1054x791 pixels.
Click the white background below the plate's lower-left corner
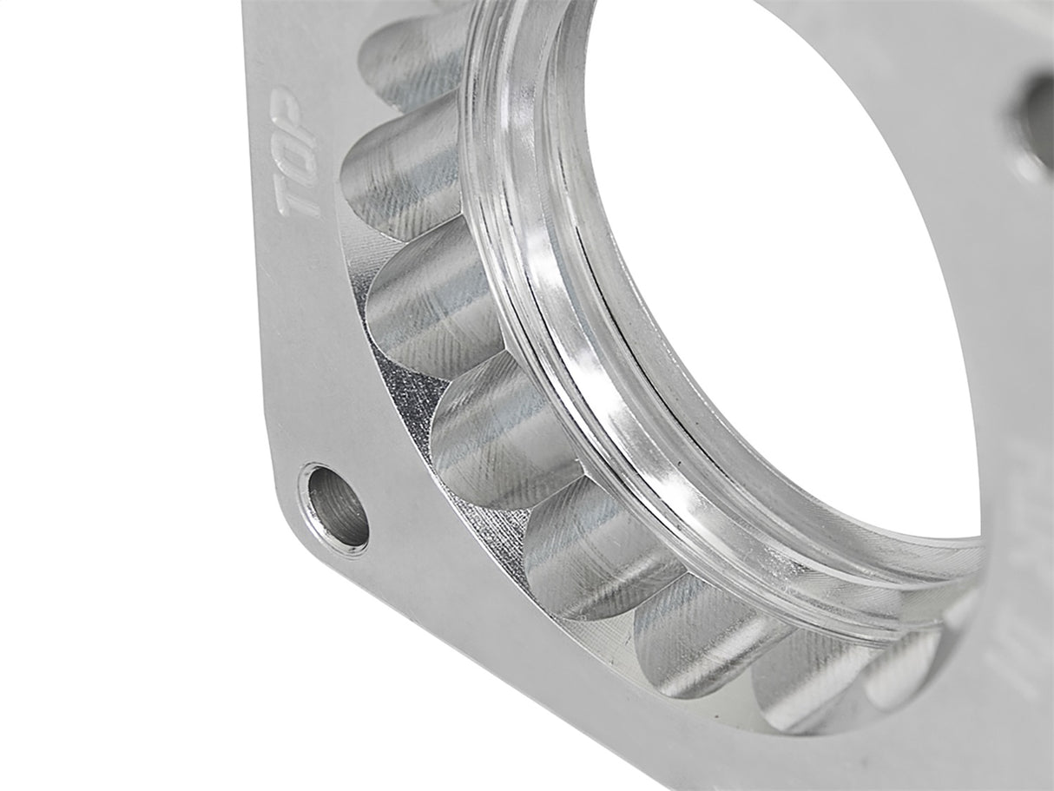point(174,695)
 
